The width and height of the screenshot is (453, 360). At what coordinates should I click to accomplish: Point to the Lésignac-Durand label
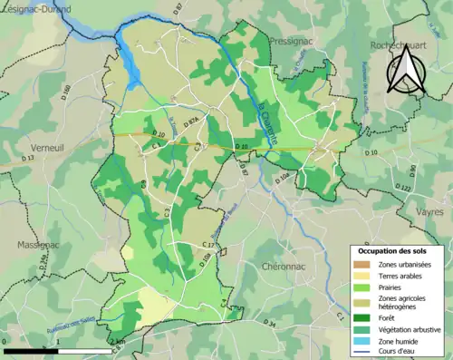point(39,6)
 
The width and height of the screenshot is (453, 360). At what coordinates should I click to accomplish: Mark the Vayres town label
point(429,210)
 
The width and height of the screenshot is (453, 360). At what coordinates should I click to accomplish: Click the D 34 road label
point(269,323)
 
